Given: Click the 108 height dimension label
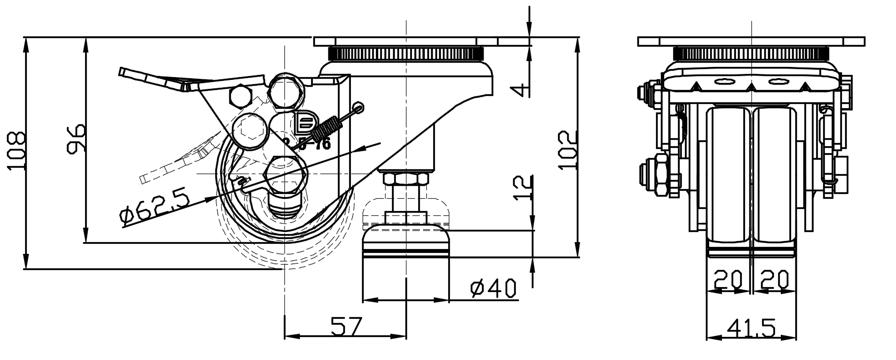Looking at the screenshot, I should (16, 151).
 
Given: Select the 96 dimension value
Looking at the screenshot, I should (75, 139).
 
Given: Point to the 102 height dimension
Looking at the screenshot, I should (567, 150).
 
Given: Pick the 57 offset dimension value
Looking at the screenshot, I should (347, 325).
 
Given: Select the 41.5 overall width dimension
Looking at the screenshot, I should (751, 327).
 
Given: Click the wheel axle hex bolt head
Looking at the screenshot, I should (285, 175).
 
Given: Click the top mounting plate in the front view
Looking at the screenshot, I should (751, 41).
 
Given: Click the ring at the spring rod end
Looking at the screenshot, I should (359, 107).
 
